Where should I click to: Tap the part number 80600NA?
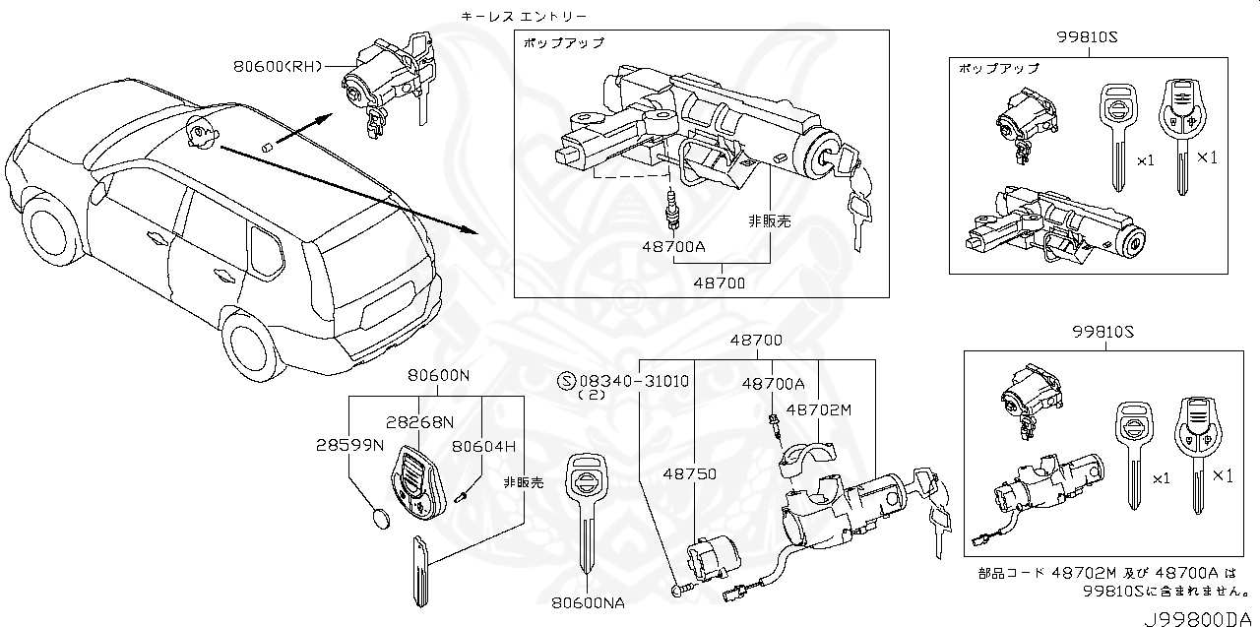pyautogui.click(x=588, y=602)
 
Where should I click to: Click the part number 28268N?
pyautogui.click(x=419, y=422)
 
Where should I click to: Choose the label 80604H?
pyautogui.click(x=483, y=446)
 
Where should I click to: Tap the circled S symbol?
pyautogui.click(x=565, y=381)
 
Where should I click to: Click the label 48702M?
pyautogui.click(x=819, y=409)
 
